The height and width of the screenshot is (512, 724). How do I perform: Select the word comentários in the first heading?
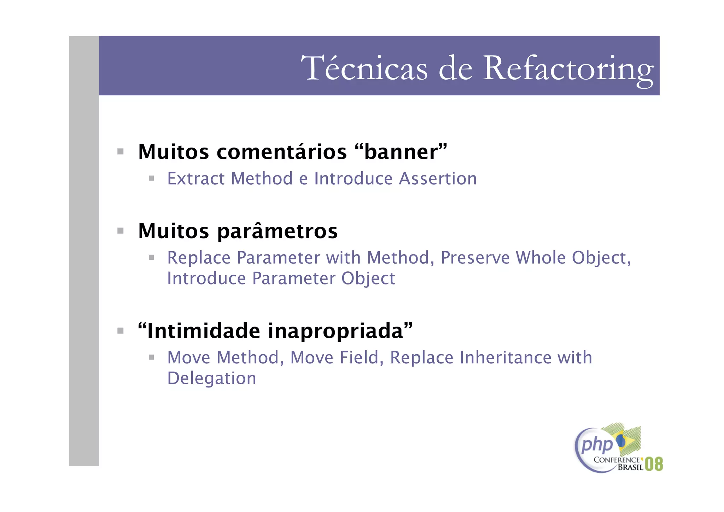(x=282, y=152)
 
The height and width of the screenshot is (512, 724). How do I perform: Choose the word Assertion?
(x=438, y=178)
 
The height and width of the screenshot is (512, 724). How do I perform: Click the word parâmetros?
(x=278, y=231)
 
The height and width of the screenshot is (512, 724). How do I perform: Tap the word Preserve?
(x=475, y=258)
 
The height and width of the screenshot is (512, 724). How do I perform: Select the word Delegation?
(x=212, y=378)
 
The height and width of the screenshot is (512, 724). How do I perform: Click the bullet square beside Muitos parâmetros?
(x=121, y=231)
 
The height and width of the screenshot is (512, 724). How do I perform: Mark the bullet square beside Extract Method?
(x=152, y=178)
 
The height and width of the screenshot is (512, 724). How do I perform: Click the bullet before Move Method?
(x=152, y=357)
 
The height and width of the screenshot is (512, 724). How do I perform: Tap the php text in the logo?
(x=597, y=445)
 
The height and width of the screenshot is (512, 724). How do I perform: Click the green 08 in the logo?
(x=654, y=464)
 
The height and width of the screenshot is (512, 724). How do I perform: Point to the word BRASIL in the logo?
(x=630, y=467)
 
